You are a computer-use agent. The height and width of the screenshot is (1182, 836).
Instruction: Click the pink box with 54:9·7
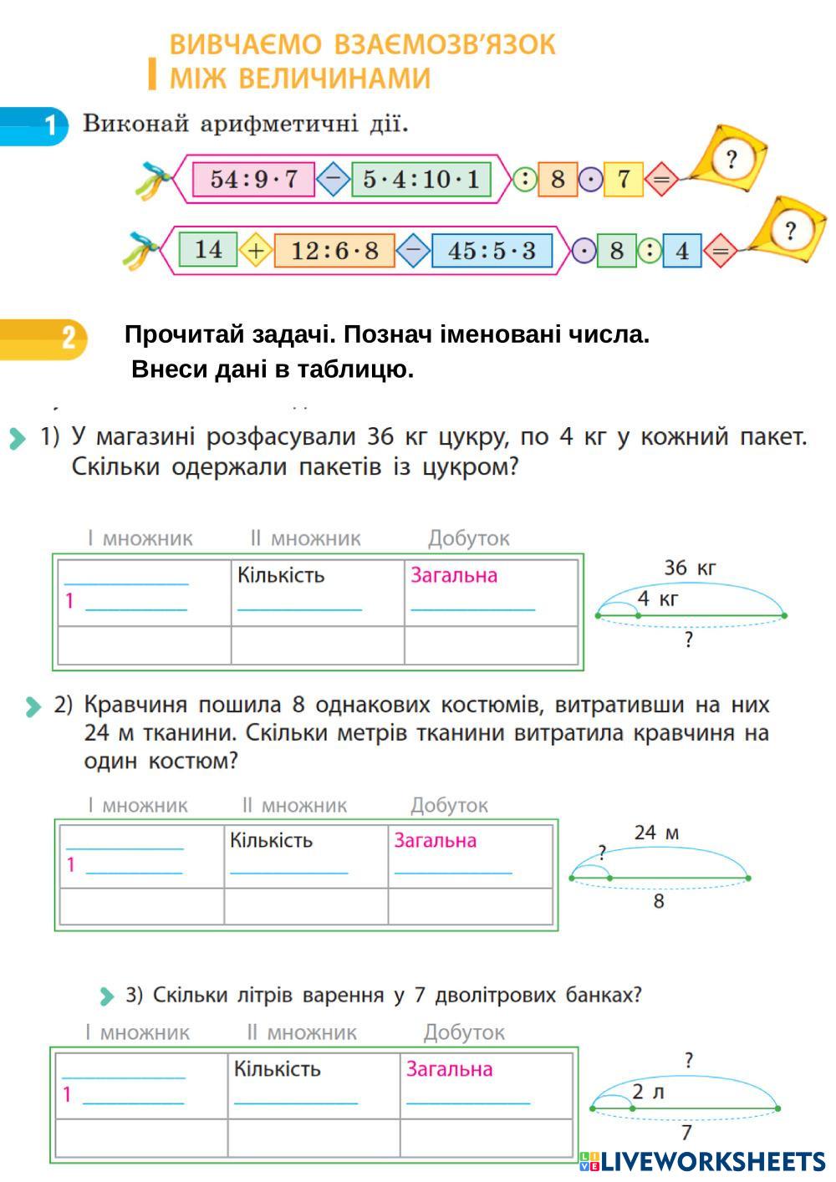pos(253,179)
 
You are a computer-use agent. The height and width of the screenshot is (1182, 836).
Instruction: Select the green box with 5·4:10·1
pos(421,179)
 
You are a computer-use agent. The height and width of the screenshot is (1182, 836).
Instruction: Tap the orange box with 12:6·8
pos(334,250)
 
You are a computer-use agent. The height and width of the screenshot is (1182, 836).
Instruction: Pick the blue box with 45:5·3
pos(492,250)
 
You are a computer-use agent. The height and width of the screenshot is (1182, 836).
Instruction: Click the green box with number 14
pos(208,249)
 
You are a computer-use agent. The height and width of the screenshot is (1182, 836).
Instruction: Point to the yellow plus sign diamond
pos(257,250)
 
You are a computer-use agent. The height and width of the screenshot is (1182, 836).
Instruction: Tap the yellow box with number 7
pos(624,179)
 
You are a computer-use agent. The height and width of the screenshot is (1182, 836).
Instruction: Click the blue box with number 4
pos(682,251)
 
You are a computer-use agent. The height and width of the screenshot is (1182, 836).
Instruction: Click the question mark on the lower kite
pos(789,230)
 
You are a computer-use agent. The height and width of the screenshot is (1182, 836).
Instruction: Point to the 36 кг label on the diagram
pos(690,568)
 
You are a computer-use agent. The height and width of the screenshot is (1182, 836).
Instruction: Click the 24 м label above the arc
pos(656,833)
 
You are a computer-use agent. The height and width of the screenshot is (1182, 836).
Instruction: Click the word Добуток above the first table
pos(468,538)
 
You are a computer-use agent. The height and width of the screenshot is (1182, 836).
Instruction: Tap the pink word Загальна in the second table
pos(435,840)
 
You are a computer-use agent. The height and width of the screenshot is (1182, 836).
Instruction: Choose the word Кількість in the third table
pos(277,1069)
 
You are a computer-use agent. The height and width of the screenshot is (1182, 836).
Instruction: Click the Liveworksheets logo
pos(702,1161)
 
